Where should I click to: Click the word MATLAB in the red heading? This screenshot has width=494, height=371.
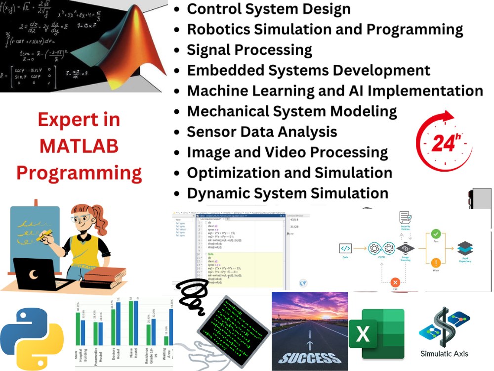(x=79, y=146)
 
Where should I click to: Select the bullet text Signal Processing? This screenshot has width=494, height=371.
(x=249, y=50)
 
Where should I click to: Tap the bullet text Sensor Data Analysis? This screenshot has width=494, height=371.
(x=262, y=132)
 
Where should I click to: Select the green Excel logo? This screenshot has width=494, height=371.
(x=376, y=334)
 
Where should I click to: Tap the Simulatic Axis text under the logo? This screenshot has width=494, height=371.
(x=444, y=354)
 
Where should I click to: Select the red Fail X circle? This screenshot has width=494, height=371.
(x=395, y=282)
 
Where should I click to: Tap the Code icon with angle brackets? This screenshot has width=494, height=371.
(x=346, y=248)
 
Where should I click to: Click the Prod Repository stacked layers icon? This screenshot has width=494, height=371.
(x=465, y=248)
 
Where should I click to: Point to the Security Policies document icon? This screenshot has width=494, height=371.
(x=405, y=218)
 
